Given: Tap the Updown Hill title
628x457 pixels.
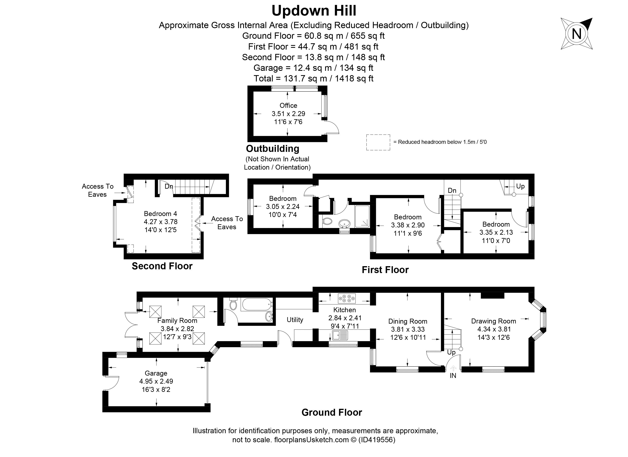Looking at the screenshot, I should pyautogui.click(x=314, y=11).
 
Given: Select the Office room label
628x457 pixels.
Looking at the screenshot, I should pyautogui.click(x=288, y=106).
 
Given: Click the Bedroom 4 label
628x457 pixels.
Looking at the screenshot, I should pyautogui.click(x=160, y=214).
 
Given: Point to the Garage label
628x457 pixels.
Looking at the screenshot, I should pyautogui.click(x=156, y=373).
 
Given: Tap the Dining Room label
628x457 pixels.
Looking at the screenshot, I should pyautogui.click(x=408, y=321).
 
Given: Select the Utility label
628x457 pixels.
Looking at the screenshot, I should pyautogui.click(x=295, y=320).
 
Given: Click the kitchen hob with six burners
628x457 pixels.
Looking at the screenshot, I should pyautogui.click(x=347, y=298).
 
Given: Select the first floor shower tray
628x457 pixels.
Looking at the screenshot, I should pyautogui.click(x=362, y=216).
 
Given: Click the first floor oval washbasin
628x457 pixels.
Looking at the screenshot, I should pyautogui.click(x=344, y=223).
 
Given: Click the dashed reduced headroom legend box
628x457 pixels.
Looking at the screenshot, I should pyautogui.click(x=378, y=142).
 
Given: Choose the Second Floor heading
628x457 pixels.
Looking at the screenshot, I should pyautogui.click(x=162, y=266).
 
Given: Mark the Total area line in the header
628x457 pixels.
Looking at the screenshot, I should pyautogui.click(x=314, y=78).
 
